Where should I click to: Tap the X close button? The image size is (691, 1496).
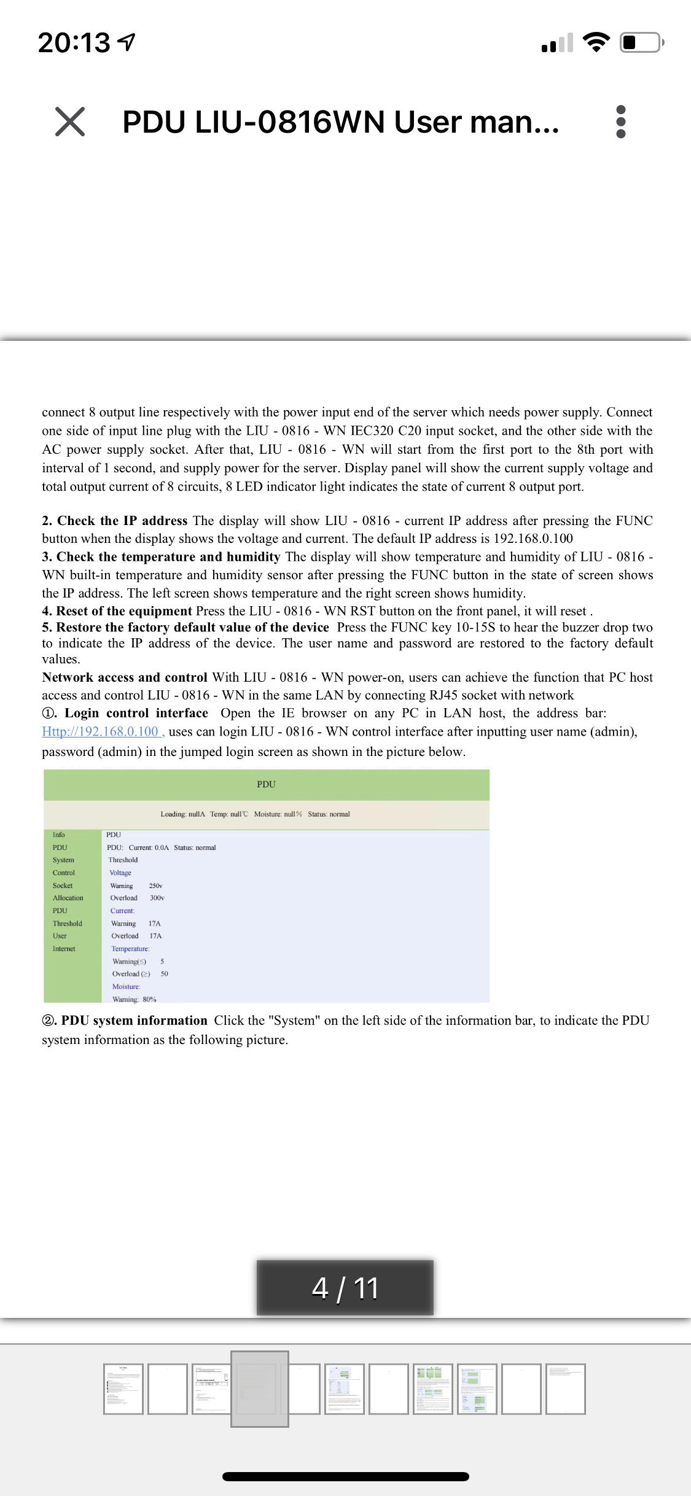70,121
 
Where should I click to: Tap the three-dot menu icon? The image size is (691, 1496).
620,122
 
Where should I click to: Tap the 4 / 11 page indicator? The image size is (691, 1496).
345,1287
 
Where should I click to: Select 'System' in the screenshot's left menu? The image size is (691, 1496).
63,860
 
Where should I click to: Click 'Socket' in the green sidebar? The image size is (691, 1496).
63,886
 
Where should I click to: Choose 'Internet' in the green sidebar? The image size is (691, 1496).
64,949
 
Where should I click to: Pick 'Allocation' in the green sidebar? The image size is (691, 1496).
68,898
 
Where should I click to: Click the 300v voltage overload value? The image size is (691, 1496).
157,898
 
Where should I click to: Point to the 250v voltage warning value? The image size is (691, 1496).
155,886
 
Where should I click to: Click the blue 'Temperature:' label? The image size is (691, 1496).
130,949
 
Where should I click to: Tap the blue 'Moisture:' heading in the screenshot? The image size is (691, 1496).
126,987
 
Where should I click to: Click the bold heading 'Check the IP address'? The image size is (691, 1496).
122,521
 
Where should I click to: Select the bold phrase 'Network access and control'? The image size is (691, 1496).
125,677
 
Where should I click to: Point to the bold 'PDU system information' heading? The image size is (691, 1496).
134,1021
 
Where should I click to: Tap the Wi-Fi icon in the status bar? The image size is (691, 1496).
595,42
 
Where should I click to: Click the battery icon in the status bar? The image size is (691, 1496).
641,42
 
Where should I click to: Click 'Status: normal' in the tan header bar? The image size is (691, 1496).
329,814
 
